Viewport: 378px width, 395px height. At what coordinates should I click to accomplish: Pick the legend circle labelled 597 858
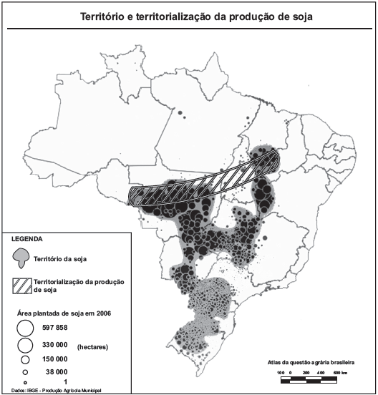click(x=25, y=328)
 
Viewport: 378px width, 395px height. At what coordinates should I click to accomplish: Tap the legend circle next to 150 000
click(x=25, y=359)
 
